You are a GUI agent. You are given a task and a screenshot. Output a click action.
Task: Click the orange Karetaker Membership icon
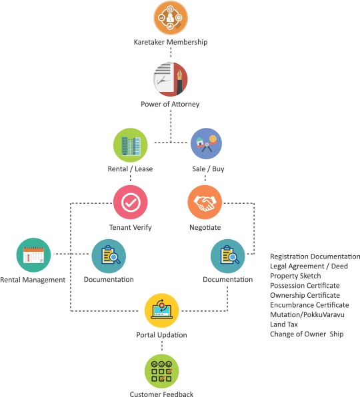coord(171,18)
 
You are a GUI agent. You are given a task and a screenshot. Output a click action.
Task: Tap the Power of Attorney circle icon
coord(171,79)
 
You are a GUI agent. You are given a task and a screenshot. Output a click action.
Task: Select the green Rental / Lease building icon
coord(131,145)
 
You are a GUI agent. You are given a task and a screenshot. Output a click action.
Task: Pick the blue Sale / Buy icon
coord(206,144)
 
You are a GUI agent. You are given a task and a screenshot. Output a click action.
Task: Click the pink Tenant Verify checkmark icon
coord(131,202)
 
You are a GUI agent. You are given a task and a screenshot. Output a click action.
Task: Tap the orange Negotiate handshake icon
coord(205,202)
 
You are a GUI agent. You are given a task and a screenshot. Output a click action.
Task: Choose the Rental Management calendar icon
coord(33,255)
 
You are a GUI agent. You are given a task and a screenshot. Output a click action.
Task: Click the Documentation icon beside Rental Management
coord(109,256)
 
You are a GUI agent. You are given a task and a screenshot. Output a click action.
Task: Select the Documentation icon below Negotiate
coord(228,256)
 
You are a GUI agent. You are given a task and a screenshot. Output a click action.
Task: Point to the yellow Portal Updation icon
coord(161,310)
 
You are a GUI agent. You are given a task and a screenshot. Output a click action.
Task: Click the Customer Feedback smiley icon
coord(161,371)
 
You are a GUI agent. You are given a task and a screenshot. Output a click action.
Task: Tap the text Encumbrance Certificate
coord(309,305)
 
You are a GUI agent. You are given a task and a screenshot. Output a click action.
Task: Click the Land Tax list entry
coord(284,324)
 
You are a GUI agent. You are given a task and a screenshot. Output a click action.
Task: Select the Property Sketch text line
coord(295,276)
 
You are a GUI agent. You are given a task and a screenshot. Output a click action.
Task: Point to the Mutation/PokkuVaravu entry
coord(307,314)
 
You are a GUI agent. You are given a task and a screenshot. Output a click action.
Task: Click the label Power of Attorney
coord(170,104)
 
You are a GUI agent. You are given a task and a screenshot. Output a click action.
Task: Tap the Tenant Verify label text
coord(131,227)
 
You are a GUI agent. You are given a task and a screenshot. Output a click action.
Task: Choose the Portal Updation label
coord(161,335)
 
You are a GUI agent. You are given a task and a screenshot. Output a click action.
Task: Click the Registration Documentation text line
coord(315,256)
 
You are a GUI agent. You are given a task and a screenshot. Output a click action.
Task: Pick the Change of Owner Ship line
coord(307,334)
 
